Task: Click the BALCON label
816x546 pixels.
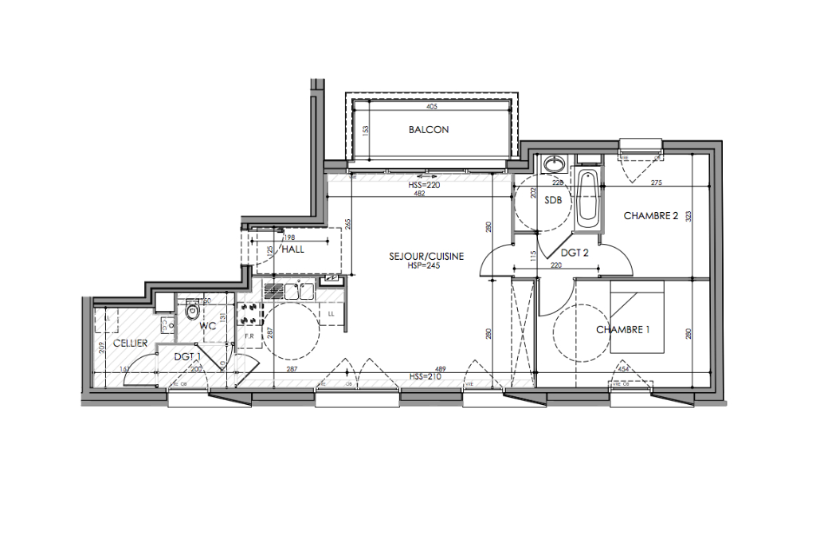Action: pyautogui.click(x=429, y=129)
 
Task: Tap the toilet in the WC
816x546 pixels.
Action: pyautogui.click(x=190, y=312)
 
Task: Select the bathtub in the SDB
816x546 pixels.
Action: pyautogui.click(x=587, y=196)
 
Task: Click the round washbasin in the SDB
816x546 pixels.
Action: pyautogui.click(x=554, y=165)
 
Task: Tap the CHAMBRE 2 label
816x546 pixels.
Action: pyautogui.click(x=650, y=216)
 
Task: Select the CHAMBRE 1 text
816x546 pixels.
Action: pyautogui.click(x=623, y=329)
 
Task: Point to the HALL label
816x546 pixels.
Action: pyautogui.click(x=292, y=249)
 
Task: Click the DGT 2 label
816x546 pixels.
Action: pyautogui.click(x=574, y=253)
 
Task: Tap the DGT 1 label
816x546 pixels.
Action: pyautogui.click(x=187, y=357)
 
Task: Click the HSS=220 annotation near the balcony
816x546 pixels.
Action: pyautogui.click(x=424, y=185)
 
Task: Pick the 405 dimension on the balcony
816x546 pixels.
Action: pyautogui.click(x=432, y=107)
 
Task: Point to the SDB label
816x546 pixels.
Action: pyautogui.click(x=553, y=201)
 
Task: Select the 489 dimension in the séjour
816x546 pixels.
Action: pyautogui.click(x=418, y=369)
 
